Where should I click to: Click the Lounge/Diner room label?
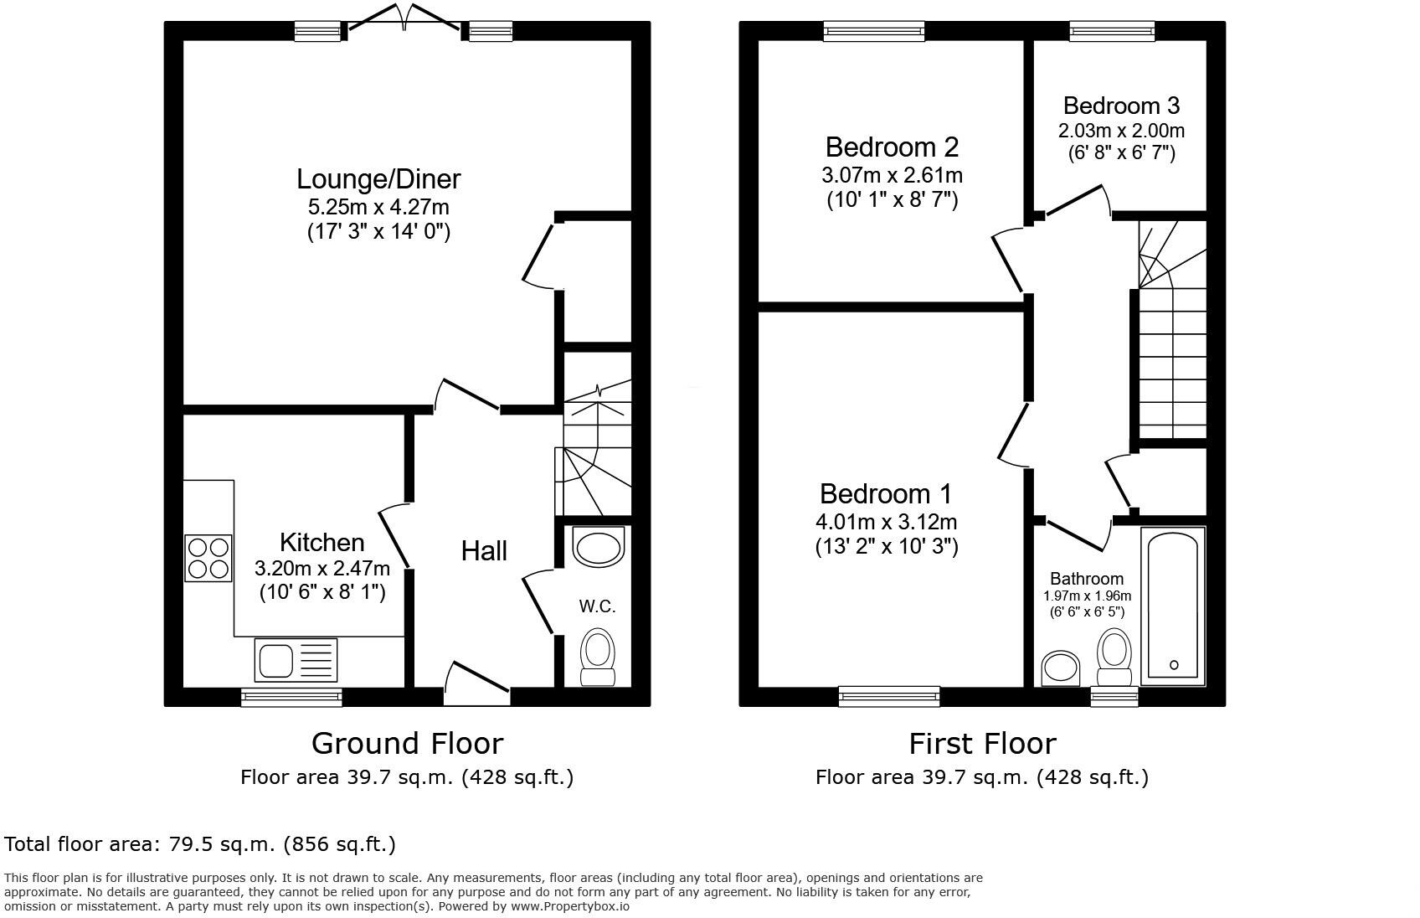[x=378, y=179]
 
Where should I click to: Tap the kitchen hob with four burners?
[x=208, y=558]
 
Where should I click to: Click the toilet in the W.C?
[x=598, y=658]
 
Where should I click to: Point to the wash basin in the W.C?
[x=598, y=547]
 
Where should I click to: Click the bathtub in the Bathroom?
[x=1173, y=606]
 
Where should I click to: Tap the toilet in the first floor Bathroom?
[x=1114, y=658]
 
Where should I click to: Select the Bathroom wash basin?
[x=1061, y=668]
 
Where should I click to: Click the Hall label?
[x=484, y=551]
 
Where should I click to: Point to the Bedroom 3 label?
[x=1121, y=106]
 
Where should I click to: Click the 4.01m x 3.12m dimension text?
[x=886, y=522]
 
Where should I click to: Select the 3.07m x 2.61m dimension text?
[x=892, y=176]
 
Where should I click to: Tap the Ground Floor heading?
[x=407, y=743]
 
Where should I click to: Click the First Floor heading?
[x=982, y=743]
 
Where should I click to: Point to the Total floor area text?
[x=200, y=843]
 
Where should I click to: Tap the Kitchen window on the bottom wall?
[x=291, y=696]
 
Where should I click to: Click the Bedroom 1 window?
[x=889, y=696]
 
